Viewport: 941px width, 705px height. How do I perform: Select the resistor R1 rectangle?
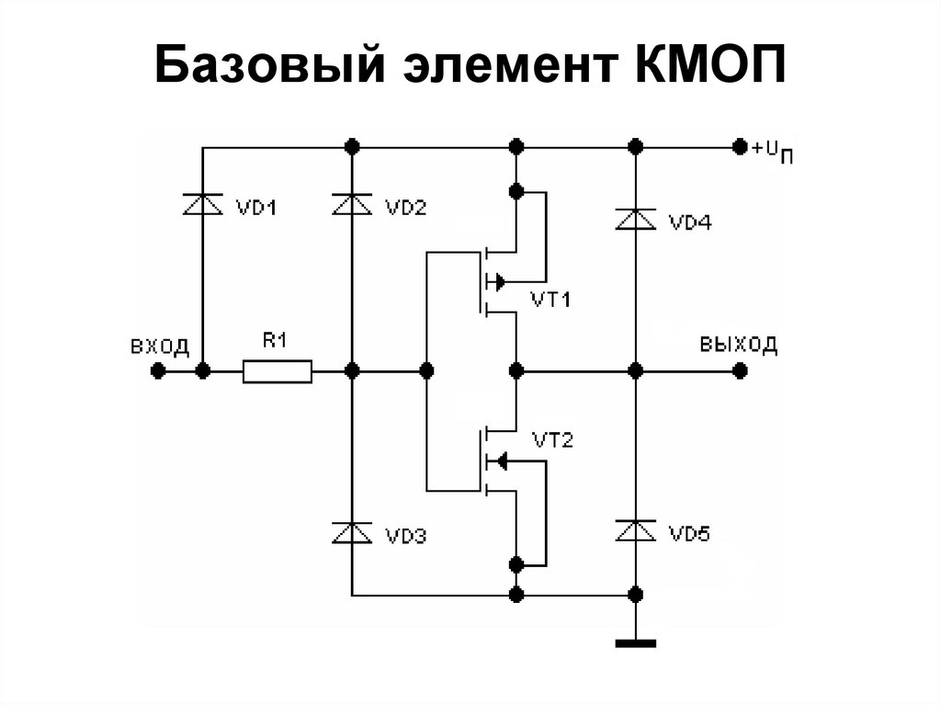point(277,371)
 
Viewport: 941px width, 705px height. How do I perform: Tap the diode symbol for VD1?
point(203,205)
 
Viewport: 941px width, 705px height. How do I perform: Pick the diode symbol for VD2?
point(351,205)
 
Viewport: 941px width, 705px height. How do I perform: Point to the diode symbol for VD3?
point(351,531)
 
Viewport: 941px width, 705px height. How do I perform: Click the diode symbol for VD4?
point(634,220)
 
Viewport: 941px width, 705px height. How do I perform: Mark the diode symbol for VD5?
point(634,530)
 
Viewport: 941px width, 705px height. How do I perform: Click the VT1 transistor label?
point(551,301)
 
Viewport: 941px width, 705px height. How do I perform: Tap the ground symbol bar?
point(634,643)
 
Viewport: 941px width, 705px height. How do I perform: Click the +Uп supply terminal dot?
point(738,147)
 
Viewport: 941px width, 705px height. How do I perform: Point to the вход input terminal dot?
point(158,371)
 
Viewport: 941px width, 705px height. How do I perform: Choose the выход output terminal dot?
point(739,371)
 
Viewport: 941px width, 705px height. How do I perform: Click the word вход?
point(160,347)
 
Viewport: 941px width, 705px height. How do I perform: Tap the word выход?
point(738,346)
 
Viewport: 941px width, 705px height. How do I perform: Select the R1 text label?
point(276,341)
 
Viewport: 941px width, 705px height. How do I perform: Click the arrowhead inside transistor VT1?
point(498,280)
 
